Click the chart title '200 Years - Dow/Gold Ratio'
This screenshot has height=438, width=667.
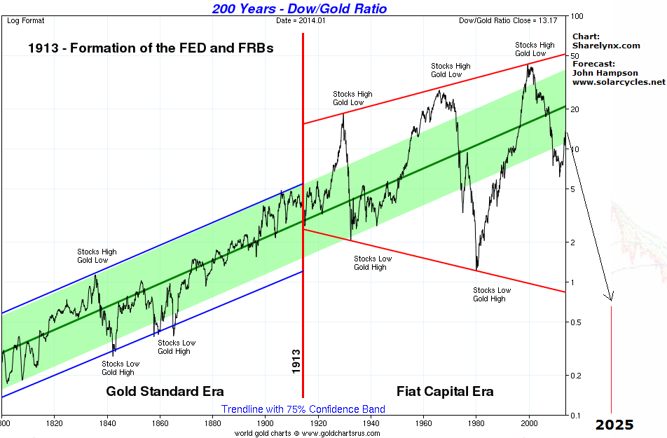309,8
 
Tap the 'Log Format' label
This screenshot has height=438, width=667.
26,21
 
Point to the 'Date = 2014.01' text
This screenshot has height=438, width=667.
301,21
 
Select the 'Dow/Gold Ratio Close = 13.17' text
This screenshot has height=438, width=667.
508,21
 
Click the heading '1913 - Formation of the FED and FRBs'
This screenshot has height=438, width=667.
151,48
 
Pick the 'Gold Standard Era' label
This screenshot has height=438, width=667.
165,391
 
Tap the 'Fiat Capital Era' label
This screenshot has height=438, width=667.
445,391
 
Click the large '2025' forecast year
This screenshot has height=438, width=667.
614,425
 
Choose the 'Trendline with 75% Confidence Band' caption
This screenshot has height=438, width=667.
303,409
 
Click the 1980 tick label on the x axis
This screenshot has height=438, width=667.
476,423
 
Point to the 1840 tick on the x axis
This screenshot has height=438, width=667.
107,423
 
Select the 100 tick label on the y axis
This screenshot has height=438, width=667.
578,16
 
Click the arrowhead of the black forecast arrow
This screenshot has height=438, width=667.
610,297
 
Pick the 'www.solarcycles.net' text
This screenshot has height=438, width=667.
619,82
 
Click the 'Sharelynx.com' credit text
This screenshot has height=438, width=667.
607,46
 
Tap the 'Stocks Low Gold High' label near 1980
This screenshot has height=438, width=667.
492,294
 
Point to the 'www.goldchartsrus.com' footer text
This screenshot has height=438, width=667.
341,433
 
